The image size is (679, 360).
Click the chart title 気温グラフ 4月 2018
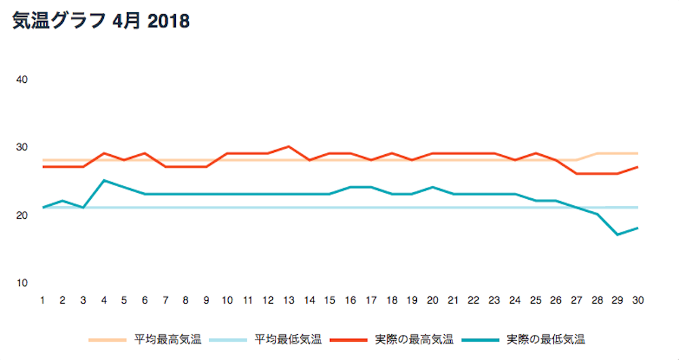[100, 22]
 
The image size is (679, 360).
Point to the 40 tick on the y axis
[22, 79]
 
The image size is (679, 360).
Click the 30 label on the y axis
[22, 147]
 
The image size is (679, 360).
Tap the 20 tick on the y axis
[22, 215]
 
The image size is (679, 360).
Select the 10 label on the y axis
[22, 283]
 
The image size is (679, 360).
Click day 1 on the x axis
[42, 300]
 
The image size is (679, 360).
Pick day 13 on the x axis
[289, 300]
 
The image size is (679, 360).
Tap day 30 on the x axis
[638, 300]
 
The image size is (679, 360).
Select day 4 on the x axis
[104, 300]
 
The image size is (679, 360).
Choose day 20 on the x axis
[433, 300]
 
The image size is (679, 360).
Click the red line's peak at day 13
[289, 147]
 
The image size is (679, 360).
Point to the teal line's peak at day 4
[104, 181]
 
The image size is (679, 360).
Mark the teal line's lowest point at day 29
[617, 235]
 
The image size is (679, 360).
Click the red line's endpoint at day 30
[638, 167]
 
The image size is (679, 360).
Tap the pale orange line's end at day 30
[638, 154]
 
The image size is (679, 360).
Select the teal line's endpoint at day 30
[638, 228]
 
